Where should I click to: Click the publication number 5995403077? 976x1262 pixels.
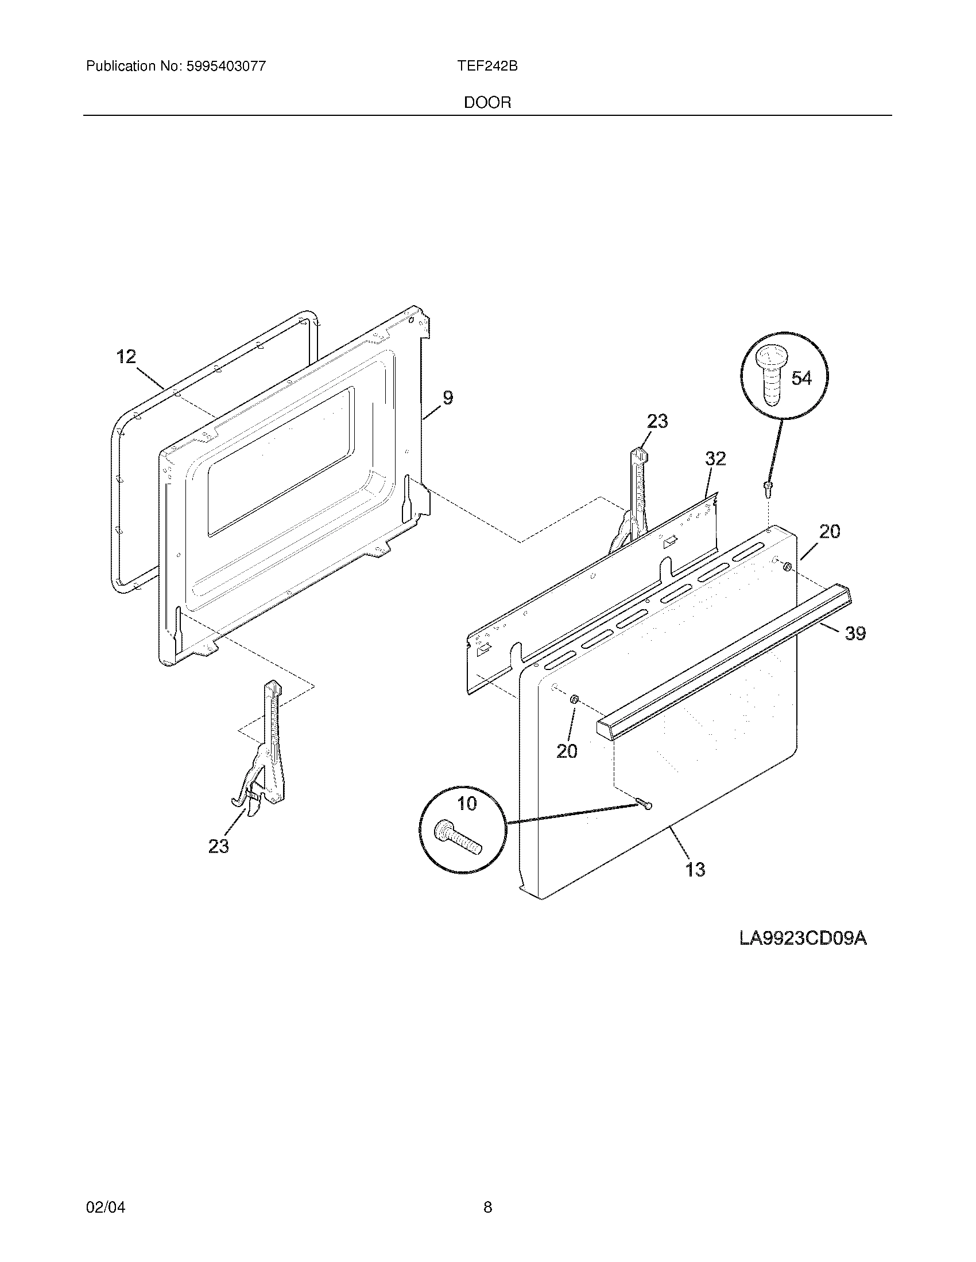coord(226,67)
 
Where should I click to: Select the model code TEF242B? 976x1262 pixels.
coord(487,67)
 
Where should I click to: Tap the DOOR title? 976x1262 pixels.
coord(487,103)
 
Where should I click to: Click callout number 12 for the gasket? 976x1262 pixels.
coord(126,357)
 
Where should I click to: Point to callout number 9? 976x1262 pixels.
coord(448,398)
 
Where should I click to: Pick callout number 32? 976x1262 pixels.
coord(715,458)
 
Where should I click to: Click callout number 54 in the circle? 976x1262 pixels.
coord(801,379)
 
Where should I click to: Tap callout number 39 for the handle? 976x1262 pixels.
coord(855,634)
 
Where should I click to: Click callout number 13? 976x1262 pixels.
coord(695,885)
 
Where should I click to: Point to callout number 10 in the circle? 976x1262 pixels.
coord(467,803)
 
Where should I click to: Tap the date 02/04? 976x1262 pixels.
coord(105,1191)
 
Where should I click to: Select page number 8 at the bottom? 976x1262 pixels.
coord(487,1191)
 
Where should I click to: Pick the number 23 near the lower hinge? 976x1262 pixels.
coord(219,847)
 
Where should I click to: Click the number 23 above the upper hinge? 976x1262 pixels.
coord(657,422)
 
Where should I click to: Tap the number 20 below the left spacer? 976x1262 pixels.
coord(567,751)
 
